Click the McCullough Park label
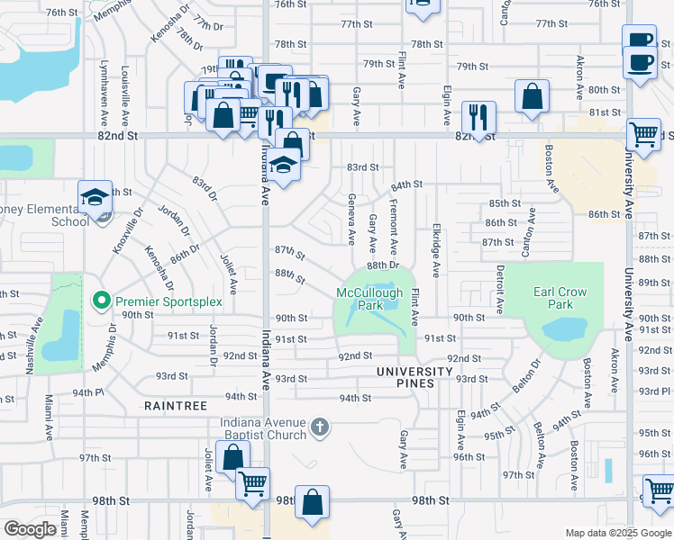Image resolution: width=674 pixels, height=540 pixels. tap(371, 299)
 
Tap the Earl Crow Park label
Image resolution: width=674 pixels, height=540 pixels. tap(560, 298)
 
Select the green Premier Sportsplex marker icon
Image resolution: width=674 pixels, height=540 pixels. tap(102, 299)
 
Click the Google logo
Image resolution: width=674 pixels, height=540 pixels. tap(30, 529)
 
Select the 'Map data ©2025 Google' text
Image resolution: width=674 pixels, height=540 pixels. tap(617, 533)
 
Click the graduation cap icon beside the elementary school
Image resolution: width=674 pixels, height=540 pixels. tap(95, 196)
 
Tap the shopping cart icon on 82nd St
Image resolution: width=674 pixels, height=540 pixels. tap(643, 134)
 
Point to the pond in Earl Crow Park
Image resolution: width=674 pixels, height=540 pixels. tap(565, 330)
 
